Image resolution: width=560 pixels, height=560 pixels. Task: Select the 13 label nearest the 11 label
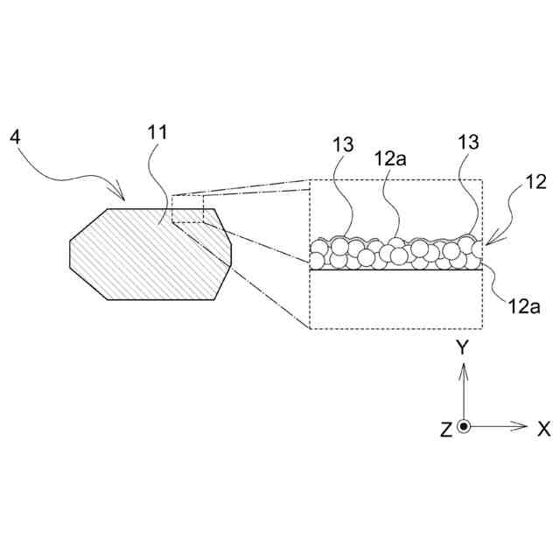[x=342, y=145]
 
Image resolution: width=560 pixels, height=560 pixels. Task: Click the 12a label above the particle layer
[x=389, y=159]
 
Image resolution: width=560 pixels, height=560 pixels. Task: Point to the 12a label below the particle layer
[x=523, y=305]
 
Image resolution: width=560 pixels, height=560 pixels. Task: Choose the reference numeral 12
[x=535, y=182]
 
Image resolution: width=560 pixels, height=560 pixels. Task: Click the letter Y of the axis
[x=464, y=348]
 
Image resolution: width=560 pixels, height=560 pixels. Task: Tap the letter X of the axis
[x=543, y=429]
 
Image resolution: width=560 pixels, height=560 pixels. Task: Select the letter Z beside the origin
[x=446, y=430]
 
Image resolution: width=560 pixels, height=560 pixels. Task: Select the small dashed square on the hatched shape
[x=187, y=210]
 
